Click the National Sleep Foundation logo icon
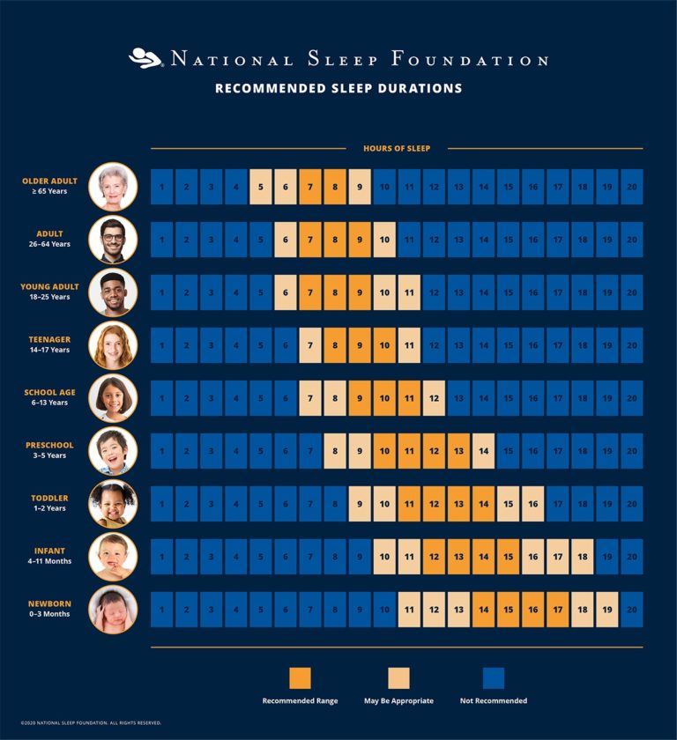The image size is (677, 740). (145, 58)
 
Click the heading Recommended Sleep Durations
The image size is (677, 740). (338, 88)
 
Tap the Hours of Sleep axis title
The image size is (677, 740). (397, 148)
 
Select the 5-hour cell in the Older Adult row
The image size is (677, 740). (261, 187)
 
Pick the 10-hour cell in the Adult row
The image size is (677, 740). (384, 240)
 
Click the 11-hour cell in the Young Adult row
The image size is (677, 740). (409, 292)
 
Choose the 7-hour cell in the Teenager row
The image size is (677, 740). (310, 345)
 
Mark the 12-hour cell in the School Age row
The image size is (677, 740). (434, 398)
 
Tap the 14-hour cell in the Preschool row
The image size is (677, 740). (483, 451)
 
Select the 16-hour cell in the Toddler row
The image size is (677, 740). (532, 504)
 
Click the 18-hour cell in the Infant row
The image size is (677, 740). (582, 557)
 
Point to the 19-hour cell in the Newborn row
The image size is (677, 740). (606, 610)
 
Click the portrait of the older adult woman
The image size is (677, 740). (113, 187)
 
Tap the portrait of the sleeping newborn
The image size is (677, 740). (113, 610)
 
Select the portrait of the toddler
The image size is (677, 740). (113, 504)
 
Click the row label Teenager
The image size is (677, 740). (49, 339)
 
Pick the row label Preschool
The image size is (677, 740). (49, 445)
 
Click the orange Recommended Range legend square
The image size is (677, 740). (300, 677)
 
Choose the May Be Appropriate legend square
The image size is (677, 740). (398, 677)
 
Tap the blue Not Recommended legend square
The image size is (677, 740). (494, 677)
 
